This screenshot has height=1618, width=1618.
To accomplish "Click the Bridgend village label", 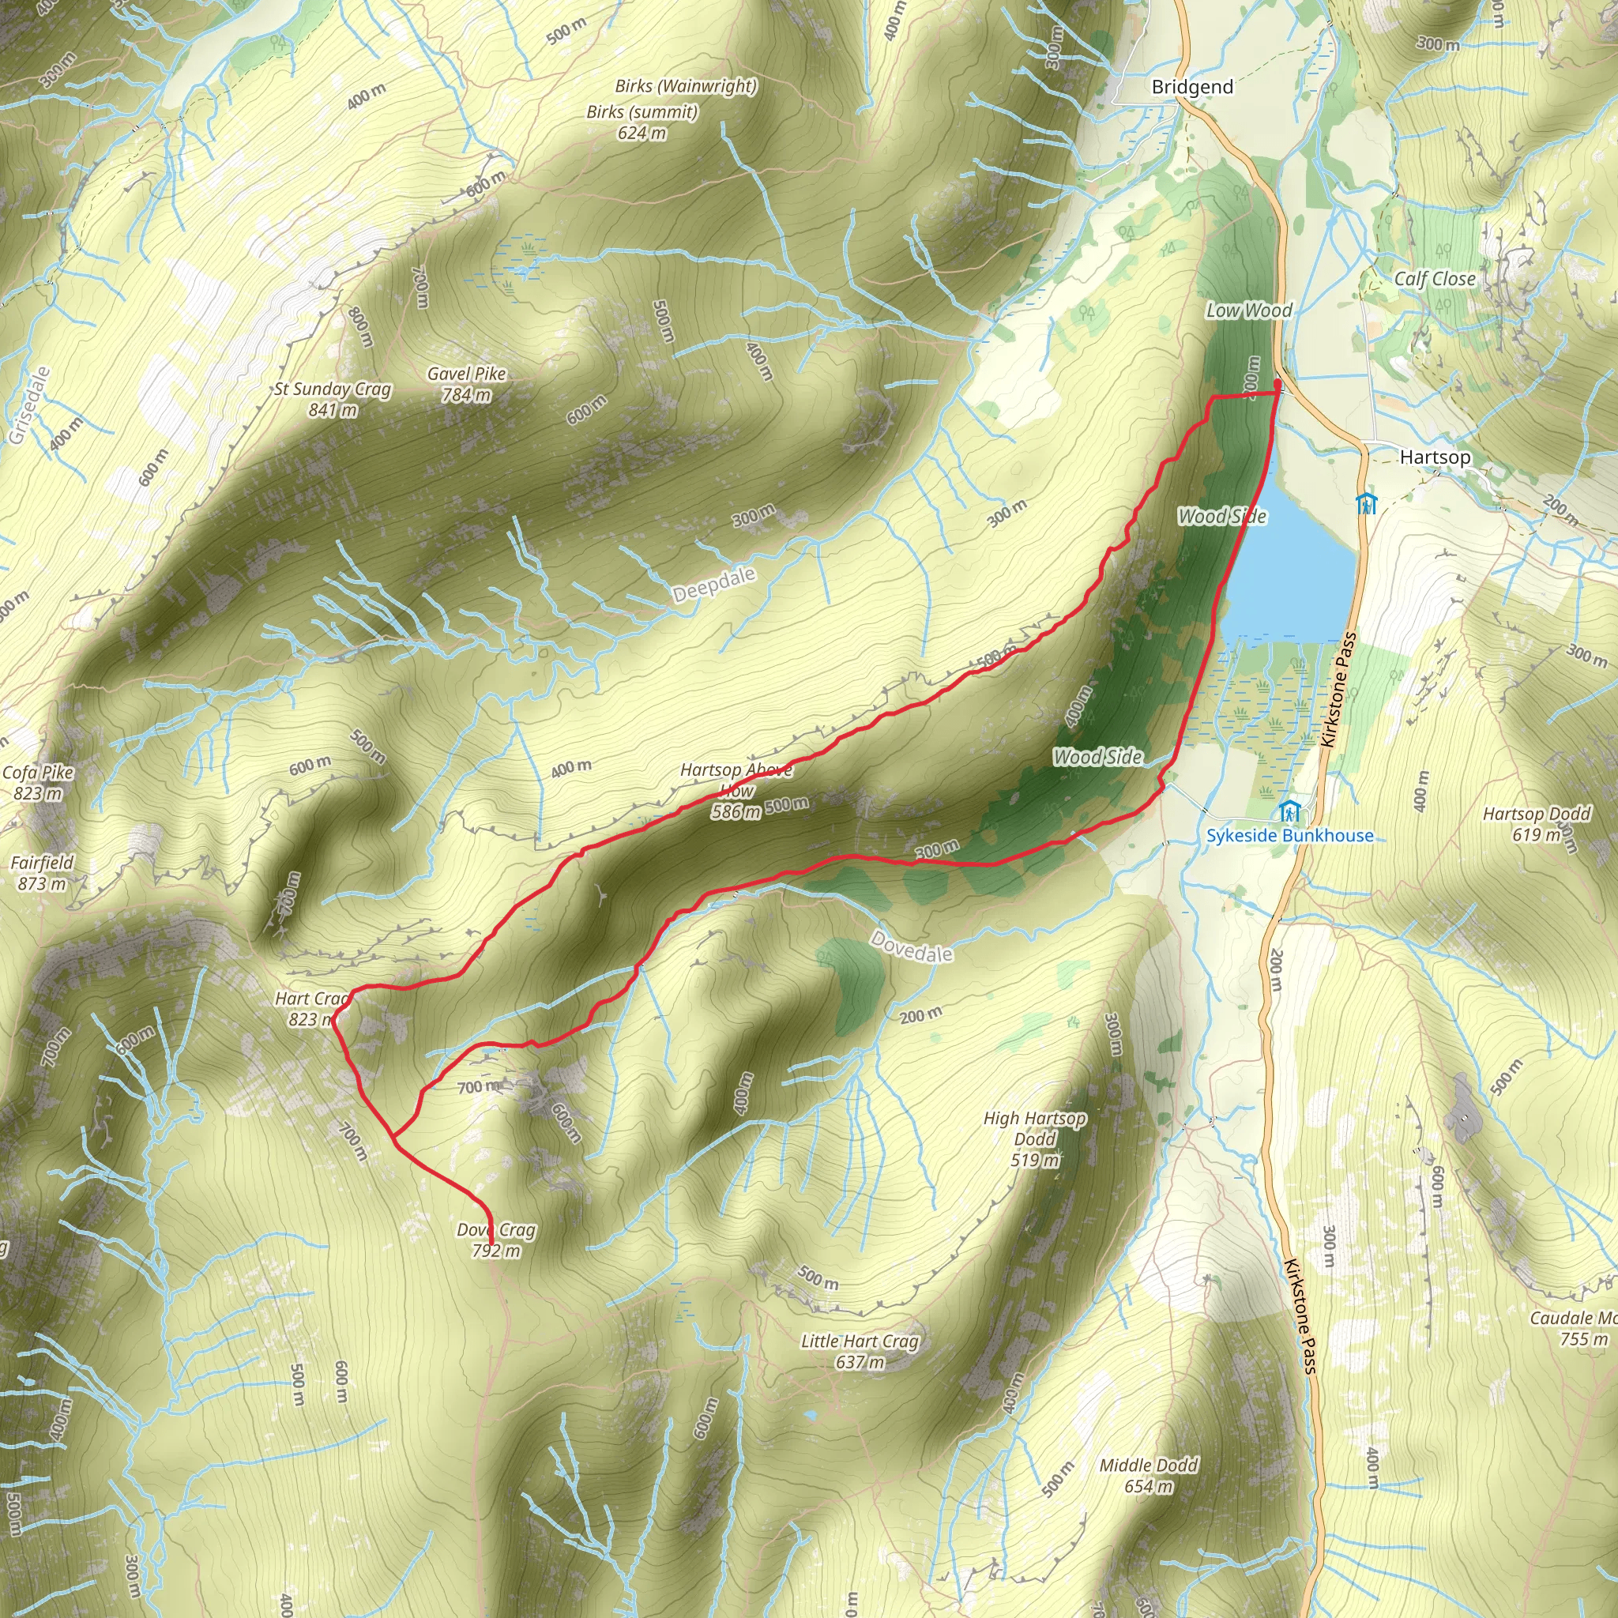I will click(1191, 87).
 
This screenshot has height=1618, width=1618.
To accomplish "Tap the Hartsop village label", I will click(1435, 457).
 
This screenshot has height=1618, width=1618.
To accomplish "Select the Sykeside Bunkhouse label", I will click(1289, 836).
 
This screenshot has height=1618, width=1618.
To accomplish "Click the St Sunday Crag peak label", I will click(333, 399).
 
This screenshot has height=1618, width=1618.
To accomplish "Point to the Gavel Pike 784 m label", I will click(466, 383).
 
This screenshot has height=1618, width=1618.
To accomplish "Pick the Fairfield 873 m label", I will click(42, 872).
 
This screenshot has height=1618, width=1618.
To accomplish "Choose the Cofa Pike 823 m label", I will click(38, 782).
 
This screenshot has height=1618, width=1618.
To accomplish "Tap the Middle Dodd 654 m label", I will click(1148, 1476).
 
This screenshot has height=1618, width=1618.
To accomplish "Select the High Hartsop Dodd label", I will click(1035, 1139).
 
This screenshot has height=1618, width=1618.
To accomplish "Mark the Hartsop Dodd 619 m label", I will click(1536, 823).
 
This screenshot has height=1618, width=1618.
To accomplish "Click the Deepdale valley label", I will click(713, 584).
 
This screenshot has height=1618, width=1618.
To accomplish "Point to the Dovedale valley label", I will click(911, 947).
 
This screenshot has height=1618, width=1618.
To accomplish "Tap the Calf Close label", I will click(1435, 279).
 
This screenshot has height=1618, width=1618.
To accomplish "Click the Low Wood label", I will click(1249, 310).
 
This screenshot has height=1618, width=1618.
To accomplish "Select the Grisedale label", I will click(30, 405).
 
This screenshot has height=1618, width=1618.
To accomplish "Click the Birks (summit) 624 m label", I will click(642, 122).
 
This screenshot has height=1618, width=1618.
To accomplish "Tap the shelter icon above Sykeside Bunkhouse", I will click(1289, 811).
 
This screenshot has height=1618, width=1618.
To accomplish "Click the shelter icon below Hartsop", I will click(1366, 504).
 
